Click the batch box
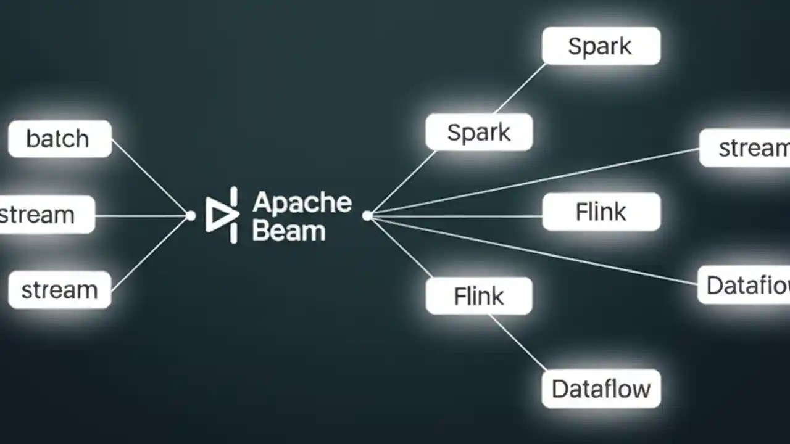tap(60, 139)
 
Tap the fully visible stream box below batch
tap(60, 290)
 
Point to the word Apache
tap(302, 202)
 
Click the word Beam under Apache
tap(289, 231)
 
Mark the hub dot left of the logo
tap(191, 216)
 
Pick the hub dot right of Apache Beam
tap(367, 216)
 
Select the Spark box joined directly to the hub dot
tap(479, 133)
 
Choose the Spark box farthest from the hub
tap(601, 46)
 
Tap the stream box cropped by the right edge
tap(745, 148)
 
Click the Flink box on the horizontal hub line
tap(601, 212)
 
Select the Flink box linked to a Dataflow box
tap(479, 296)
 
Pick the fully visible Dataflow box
tap(601, 389)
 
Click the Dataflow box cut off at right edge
tap(744, 285)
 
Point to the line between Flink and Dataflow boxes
tap(518, 343)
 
